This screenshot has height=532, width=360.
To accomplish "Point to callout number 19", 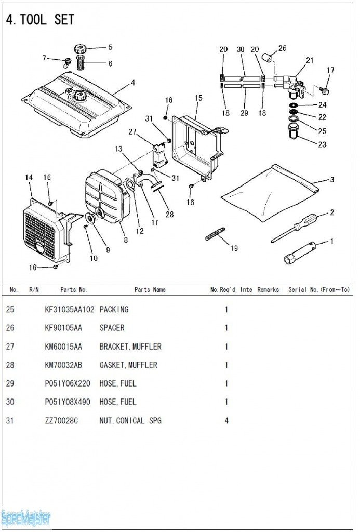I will pyautogui.click(x=234, y=248).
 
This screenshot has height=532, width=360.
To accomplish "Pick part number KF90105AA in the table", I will pyautogui.click(x=64, y=328).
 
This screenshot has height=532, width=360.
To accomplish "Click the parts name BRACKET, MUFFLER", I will pyautogui.click(x=130, y=347).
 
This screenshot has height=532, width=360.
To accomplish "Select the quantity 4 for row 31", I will pyautogui.click(x=226, y=420).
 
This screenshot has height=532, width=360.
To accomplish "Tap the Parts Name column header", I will pyautogui.click(x=150, y=290).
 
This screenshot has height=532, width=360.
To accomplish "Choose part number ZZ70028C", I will pyautogui.click(x=61, y=420).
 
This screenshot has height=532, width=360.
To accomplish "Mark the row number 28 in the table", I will pyautogui.click(x=10, y=365).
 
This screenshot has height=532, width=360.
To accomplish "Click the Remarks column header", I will pyautogui.click(x=268, y=290).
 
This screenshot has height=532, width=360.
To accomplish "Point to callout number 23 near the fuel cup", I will pyautogui.click(x=322, y=144).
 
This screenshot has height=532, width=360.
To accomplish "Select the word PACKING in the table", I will pyautogui.click(x=114, y=310).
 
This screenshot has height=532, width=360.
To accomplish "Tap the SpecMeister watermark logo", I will pyautogui.click(x=26, y=517).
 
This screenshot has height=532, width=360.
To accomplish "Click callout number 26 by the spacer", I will pyautogui.click(x=282, y=49).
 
